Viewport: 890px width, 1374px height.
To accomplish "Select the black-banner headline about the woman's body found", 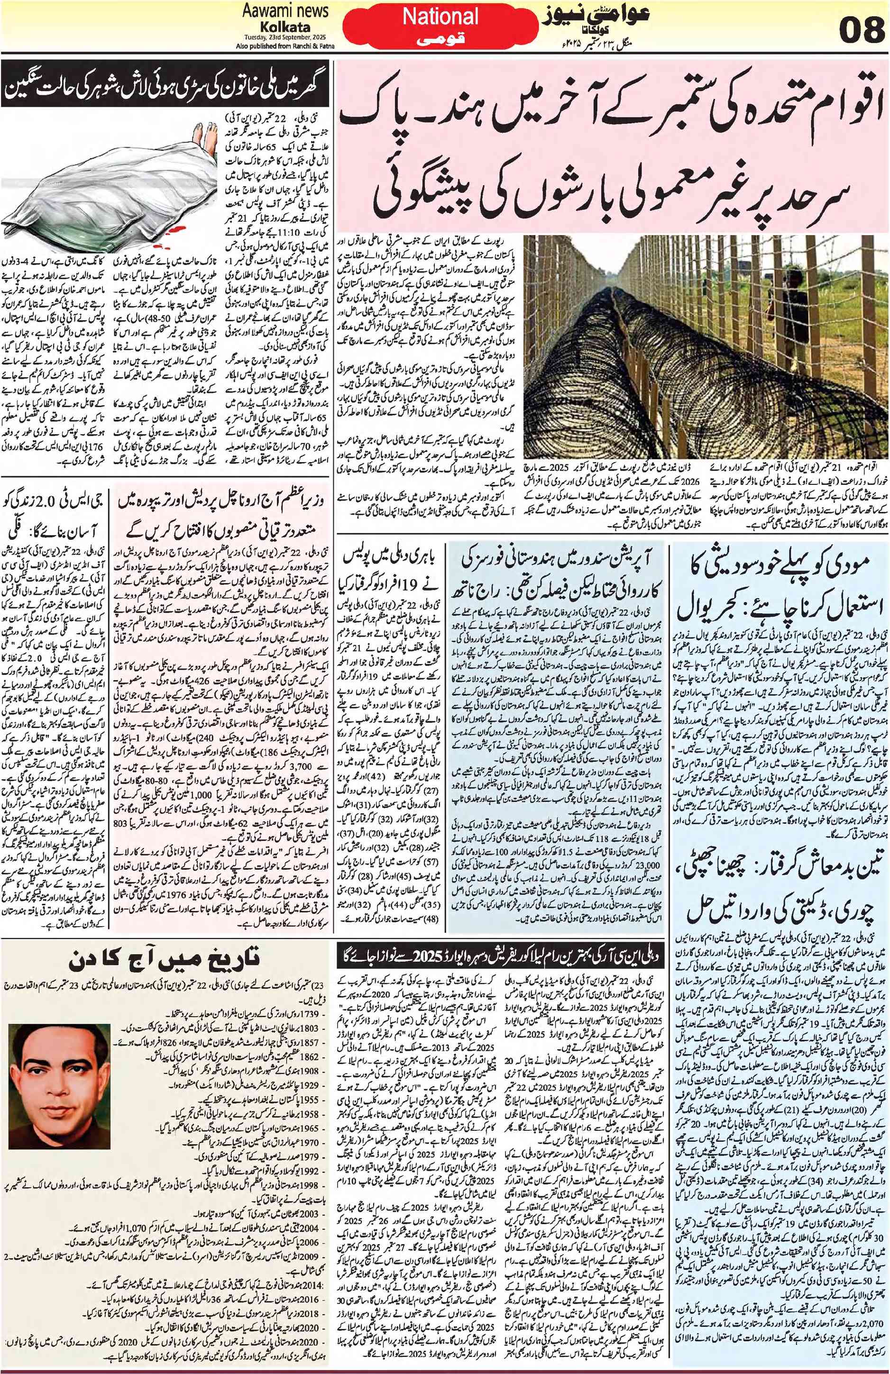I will coord(166,91).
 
